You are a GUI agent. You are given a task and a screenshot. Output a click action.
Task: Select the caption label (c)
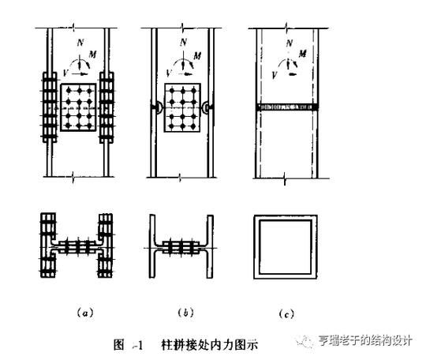[x=286, y=313]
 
